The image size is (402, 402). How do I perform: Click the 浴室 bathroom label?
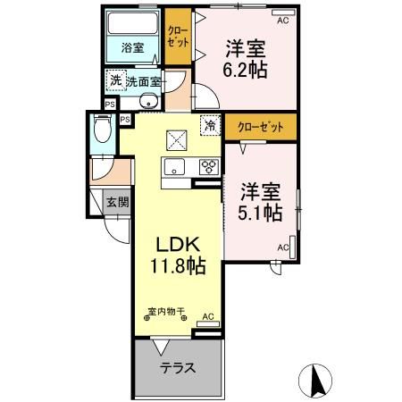coord(132,47)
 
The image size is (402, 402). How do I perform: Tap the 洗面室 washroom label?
coord(143,82)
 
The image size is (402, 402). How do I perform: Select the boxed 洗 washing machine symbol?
coord(115,81)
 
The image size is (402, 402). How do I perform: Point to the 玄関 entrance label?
coord(117,202)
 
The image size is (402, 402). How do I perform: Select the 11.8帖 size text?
coord(177,266)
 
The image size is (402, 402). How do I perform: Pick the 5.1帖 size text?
coord(262,212)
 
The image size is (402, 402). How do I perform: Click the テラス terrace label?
coord(177,369)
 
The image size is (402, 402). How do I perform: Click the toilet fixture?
coord(102,133)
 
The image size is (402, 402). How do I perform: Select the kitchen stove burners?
coord(208,166)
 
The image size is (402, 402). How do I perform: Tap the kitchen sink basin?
coord(172,167)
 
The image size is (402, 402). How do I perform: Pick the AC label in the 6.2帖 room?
coord(282,19)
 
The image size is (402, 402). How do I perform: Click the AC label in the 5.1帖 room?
coord(283,247)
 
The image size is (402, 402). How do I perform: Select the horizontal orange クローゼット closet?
coord(260,127)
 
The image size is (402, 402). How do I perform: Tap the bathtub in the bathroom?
coord(132,27)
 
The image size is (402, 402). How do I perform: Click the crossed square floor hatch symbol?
coord(175,139)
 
